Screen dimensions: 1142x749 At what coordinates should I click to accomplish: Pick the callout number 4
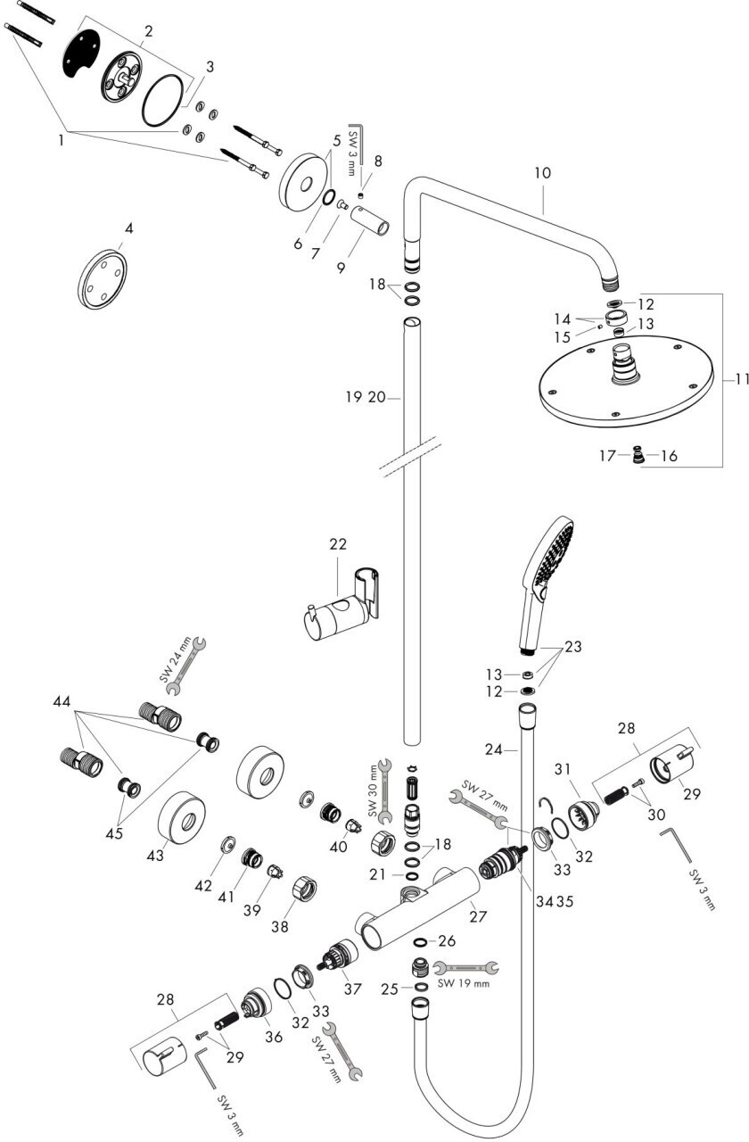(128, 228)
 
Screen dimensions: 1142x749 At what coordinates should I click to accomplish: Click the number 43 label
(156, 855)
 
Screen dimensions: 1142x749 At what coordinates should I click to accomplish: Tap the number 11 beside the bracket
(739, 378)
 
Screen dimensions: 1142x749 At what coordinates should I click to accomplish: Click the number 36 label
(273, 1036)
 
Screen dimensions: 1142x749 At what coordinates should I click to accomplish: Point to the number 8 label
(378, 161)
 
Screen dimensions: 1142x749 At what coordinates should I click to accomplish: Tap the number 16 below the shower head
(669, 456)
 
